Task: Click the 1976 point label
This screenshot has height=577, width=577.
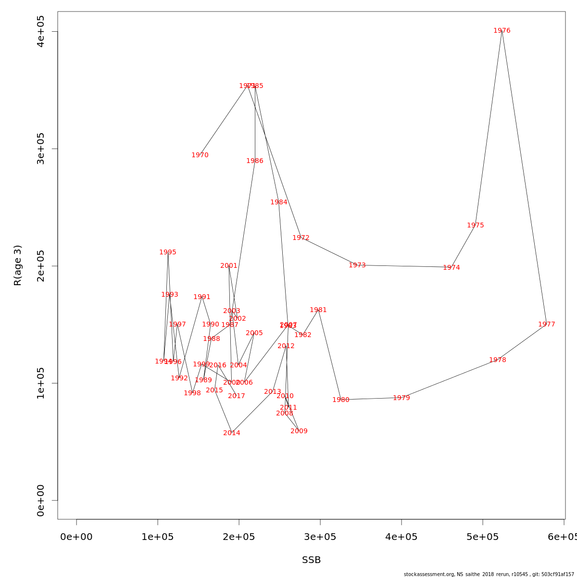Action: (502, 31)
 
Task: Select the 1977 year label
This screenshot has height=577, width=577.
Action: (546, 325)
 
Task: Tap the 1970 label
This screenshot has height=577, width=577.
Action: (200, 155)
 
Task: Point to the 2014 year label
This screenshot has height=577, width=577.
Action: (232, 433)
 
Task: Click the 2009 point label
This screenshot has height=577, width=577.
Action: (299, 431)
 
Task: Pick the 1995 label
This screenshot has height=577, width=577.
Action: (168, 252)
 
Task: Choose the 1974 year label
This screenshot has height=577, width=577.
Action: (451, 268)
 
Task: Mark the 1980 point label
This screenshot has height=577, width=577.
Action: (340, 400)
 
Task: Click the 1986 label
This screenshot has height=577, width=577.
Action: (255, 161)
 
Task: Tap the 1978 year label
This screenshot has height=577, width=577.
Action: (497, 360)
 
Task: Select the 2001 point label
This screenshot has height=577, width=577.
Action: (229, 266)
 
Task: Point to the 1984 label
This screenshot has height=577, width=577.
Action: (278, 202)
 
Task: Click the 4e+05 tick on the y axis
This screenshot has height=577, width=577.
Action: (41, 31)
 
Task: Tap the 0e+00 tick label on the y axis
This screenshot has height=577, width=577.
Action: (41, 500)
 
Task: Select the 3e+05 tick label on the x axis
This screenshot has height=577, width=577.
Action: (320, 537)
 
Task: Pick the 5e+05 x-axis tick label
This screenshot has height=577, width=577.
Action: (483, 537)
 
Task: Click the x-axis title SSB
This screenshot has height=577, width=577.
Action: (311, 560)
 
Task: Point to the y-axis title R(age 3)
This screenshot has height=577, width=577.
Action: (18, 265)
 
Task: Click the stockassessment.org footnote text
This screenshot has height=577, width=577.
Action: (489, 574)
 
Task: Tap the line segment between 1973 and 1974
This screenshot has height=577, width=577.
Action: (404, 266)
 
